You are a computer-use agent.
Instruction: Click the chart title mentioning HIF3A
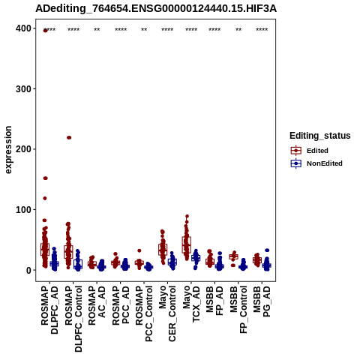156,9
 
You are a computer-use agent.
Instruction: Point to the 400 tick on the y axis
23,28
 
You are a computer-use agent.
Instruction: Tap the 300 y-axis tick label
23,89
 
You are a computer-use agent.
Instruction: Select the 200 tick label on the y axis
23,149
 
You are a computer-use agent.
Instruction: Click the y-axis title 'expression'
8,150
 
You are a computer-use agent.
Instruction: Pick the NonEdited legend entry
316,163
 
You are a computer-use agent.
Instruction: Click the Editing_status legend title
320,136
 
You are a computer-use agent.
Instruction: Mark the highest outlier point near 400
45,31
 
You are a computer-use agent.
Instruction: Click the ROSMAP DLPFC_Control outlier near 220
69,137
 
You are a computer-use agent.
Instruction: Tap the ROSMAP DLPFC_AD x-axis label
49,310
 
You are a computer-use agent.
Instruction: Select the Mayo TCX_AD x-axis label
191,304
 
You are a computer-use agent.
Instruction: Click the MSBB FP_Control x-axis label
238,310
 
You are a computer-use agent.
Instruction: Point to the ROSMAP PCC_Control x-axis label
144,313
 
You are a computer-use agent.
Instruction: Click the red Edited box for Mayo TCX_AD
186,244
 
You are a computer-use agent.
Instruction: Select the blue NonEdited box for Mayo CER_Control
172,262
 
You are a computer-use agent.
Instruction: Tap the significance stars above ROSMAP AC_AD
97,30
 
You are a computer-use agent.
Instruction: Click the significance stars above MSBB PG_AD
262,30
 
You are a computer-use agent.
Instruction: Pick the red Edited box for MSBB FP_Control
233,256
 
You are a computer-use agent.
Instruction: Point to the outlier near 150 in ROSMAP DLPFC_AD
45,178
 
